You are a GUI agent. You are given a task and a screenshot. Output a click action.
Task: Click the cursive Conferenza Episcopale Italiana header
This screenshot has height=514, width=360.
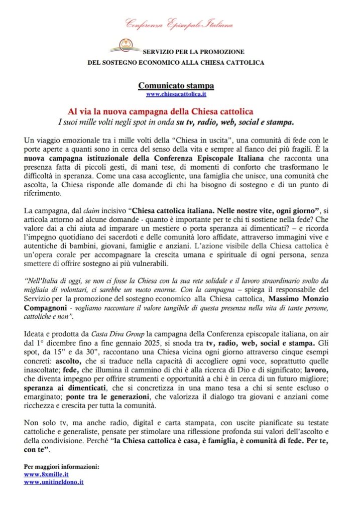click(179, 24)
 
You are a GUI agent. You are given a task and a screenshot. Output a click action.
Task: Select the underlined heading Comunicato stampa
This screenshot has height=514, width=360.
click(176, 86)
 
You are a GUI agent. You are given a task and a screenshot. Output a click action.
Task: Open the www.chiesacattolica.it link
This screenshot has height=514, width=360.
click(176, 94)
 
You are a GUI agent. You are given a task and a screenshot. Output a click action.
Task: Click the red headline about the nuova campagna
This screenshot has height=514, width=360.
click(160, 111)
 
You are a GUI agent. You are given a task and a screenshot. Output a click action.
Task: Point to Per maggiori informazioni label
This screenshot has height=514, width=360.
click(62, 466)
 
